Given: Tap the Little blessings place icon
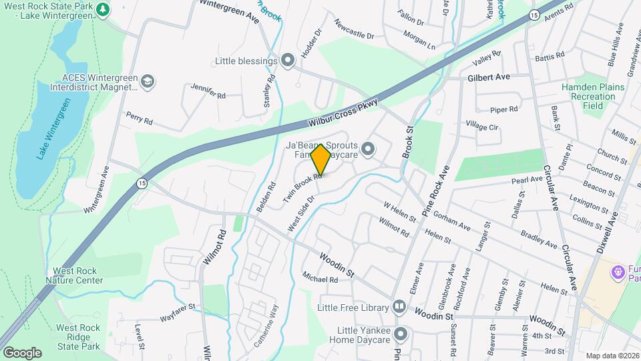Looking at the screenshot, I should [288, 62].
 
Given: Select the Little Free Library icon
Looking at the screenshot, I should [399, 308].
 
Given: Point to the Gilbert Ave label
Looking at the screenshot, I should [489, 78].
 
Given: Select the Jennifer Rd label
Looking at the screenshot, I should [208, 92].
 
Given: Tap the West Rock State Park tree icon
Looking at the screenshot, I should [102, 9].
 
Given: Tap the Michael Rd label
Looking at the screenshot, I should [320, 279].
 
